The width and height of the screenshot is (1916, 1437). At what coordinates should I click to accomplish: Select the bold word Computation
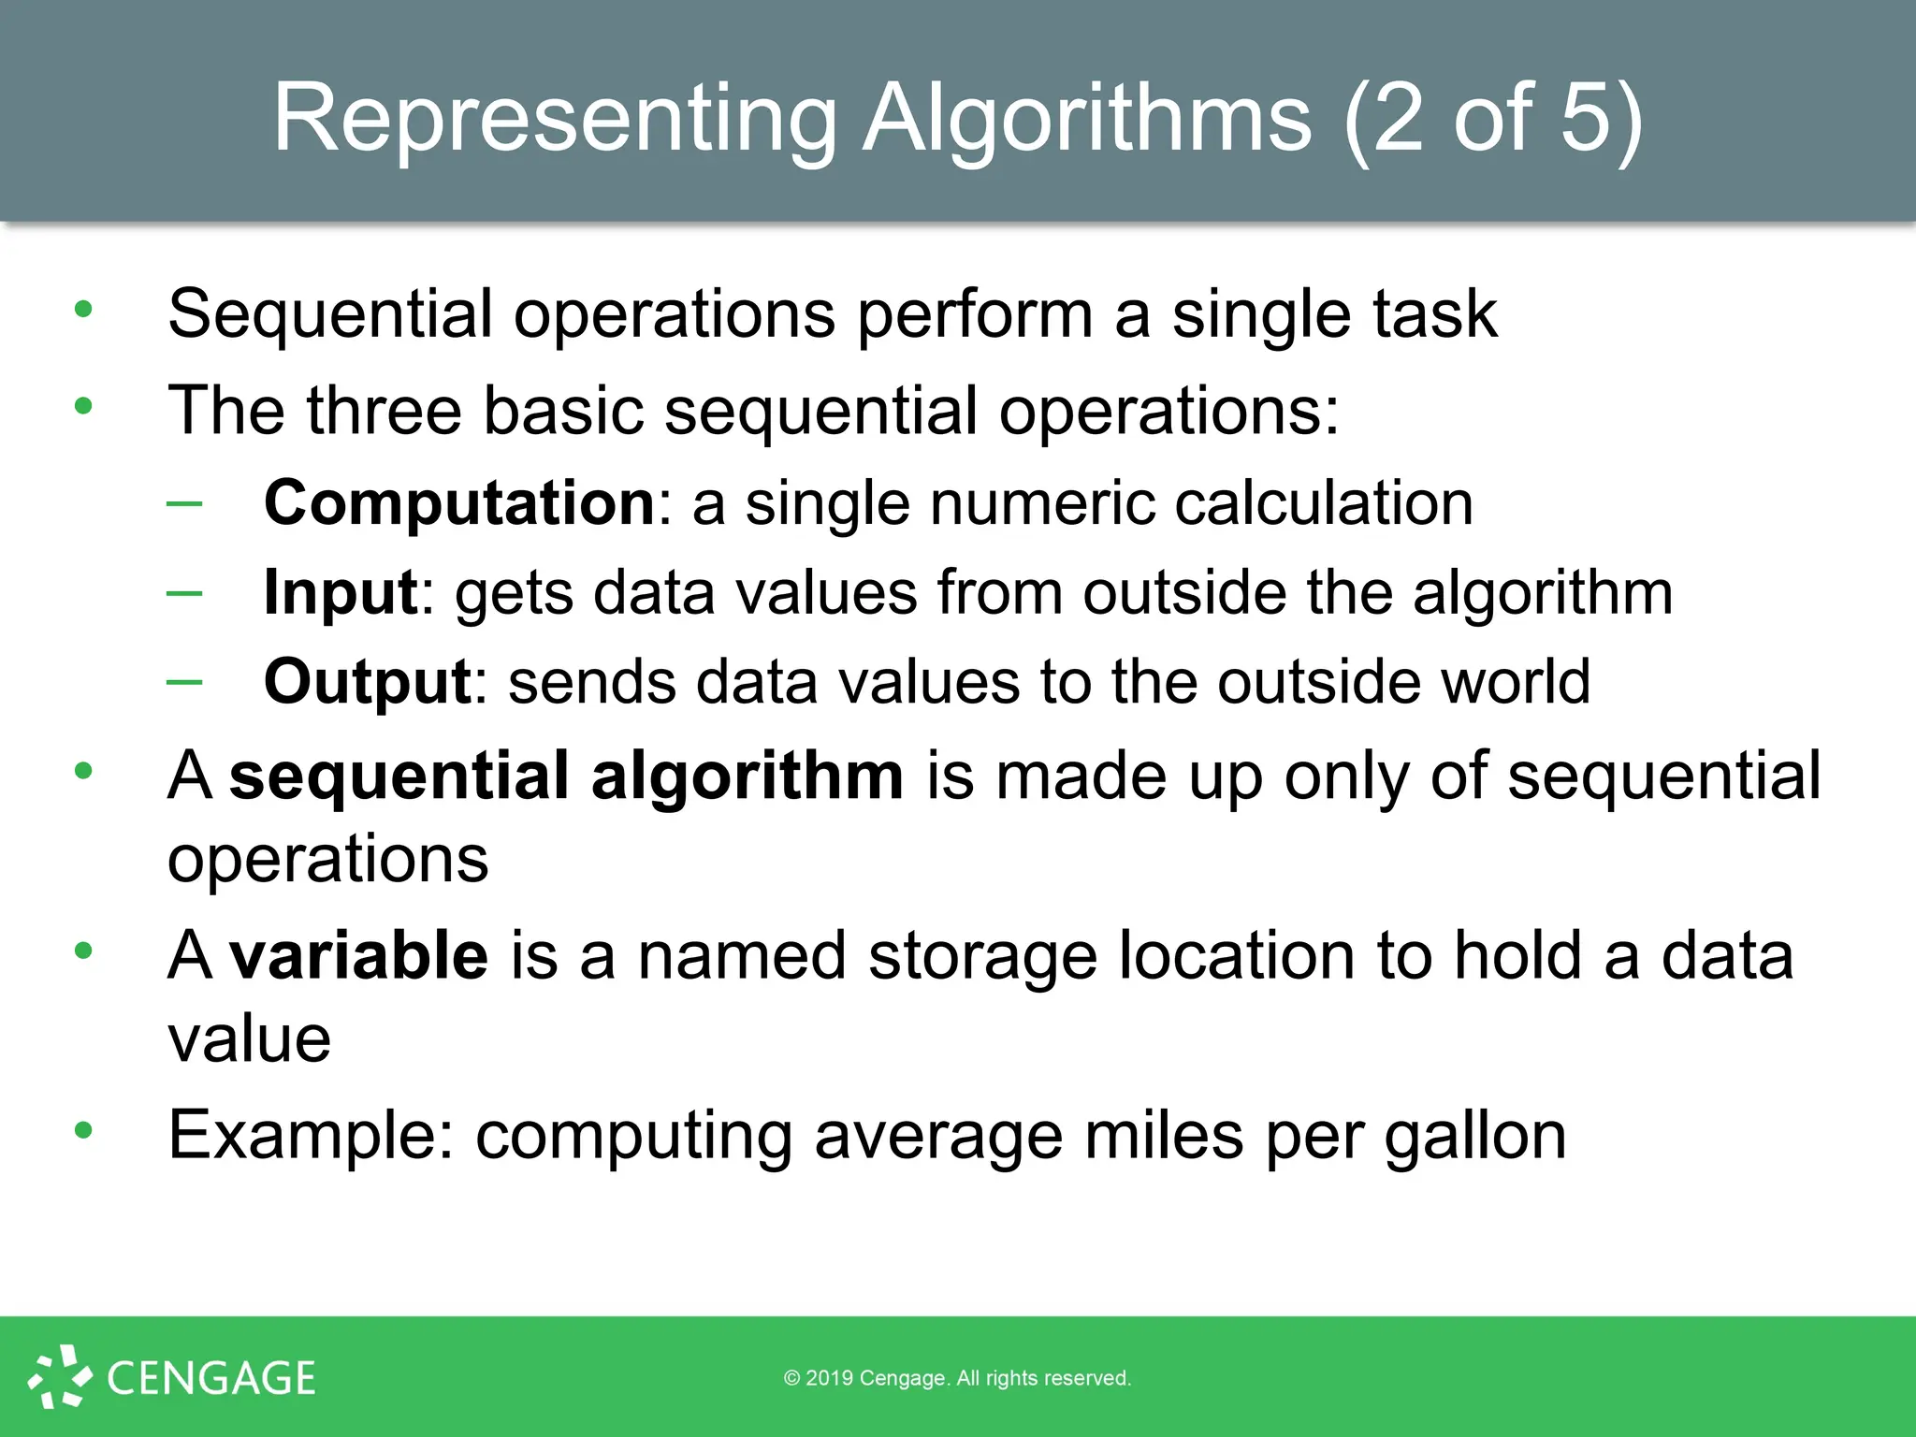point(459,502)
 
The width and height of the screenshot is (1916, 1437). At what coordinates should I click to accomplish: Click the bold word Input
point(340,592)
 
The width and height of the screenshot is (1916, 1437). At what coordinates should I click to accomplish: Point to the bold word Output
point(367,681)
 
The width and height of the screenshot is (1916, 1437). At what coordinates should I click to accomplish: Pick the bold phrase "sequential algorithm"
point(566,776)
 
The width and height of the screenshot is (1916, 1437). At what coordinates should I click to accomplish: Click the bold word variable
point(358,955)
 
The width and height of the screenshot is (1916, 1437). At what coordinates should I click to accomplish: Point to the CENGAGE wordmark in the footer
point(211,1378)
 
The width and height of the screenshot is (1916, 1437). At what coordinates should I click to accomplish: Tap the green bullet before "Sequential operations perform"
point(83,309)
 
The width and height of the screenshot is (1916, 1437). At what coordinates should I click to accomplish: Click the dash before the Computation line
point(184,503)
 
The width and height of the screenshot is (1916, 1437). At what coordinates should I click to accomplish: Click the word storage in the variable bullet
point(982,955)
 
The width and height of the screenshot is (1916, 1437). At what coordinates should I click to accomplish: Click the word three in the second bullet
point(385,411)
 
